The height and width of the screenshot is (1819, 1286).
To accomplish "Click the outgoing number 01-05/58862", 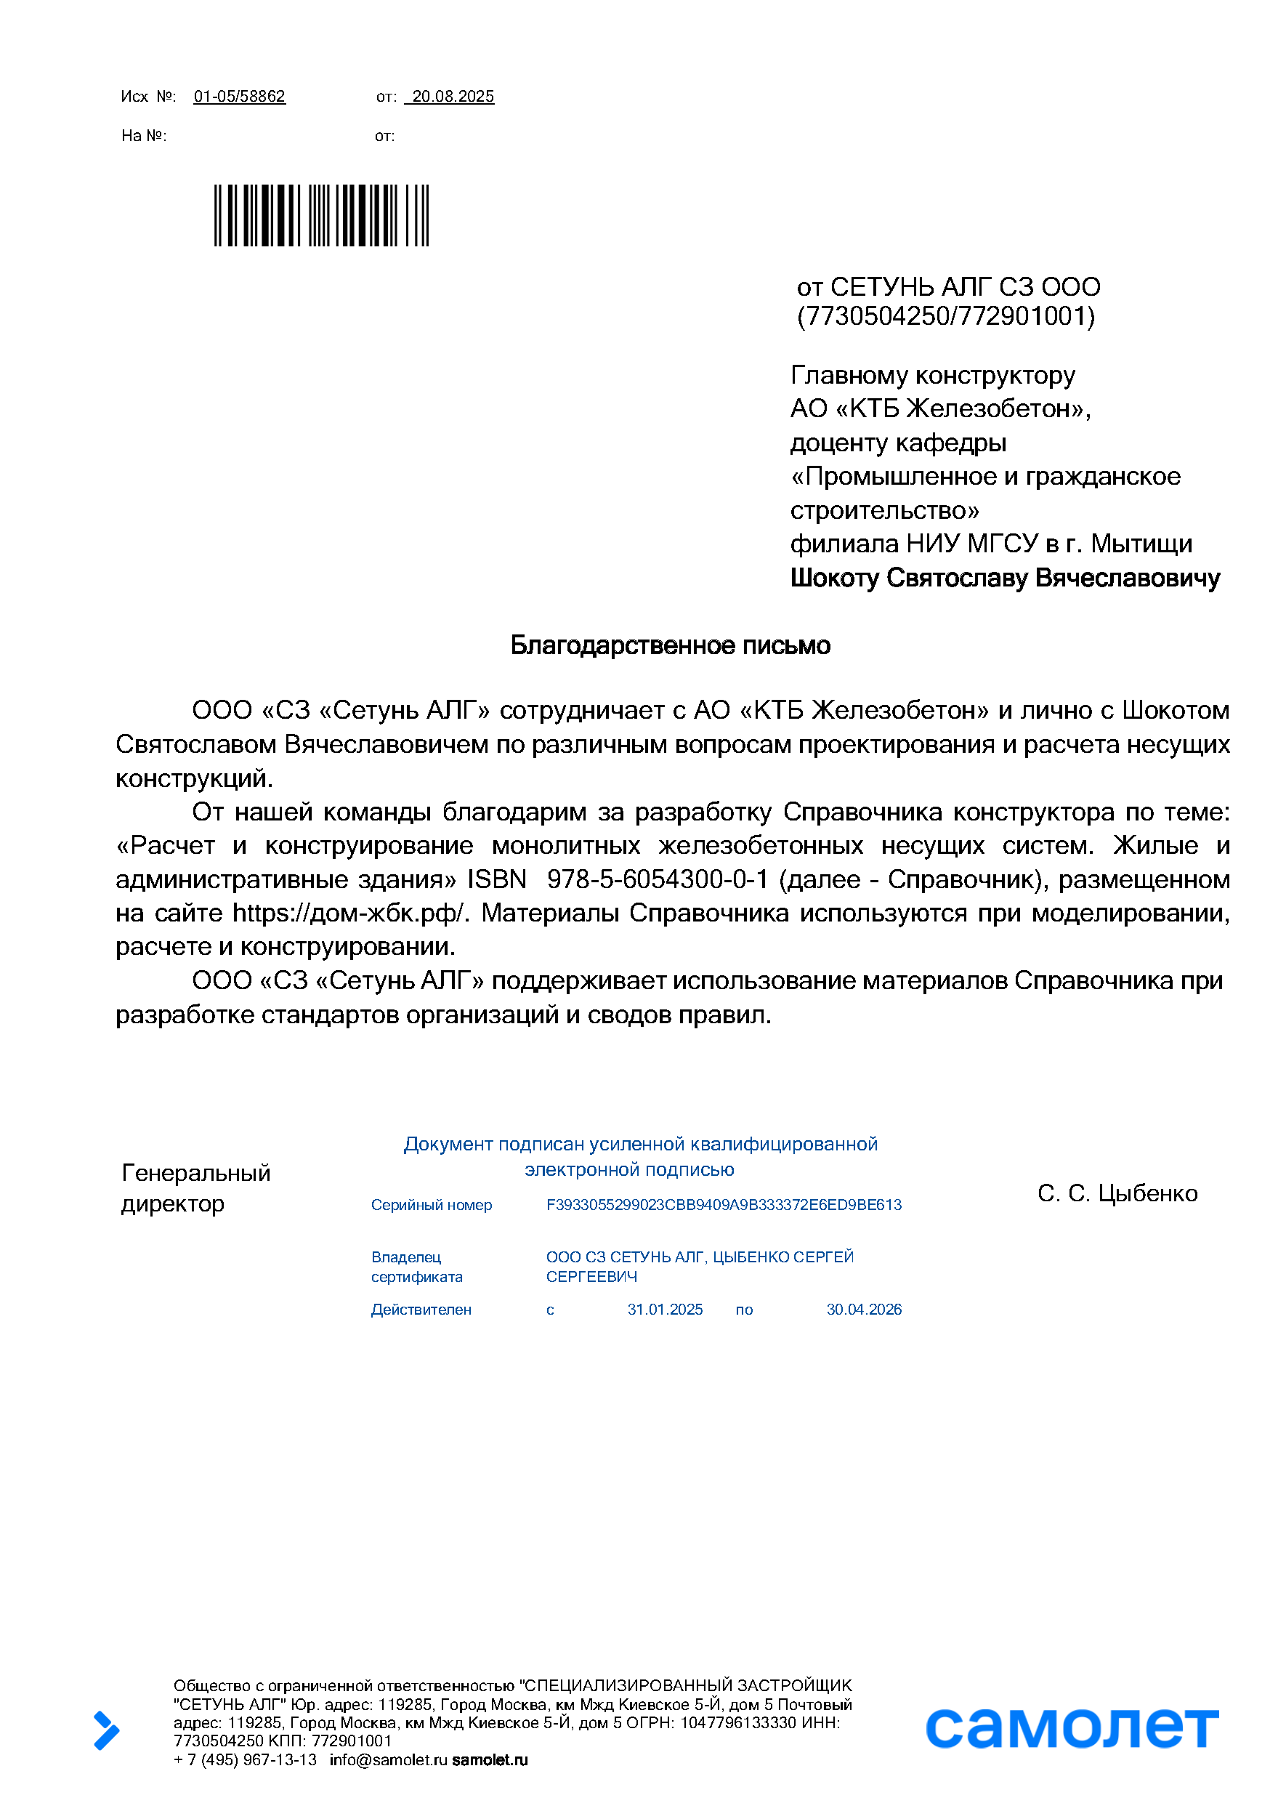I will click(x=239, y=97).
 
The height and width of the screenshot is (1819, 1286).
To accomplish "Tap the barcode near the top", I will click(x=321, y=216).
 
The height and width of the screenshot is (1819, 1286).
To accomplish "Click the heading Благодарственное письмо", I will click(x=670, y=645).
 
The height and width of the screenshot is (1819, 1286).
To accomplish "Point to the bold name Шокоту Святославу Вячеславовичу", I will click(x=1005, y=578).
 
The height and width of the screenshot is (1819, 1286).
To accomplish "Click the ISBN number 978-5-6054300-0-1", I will click(x=657, y=879).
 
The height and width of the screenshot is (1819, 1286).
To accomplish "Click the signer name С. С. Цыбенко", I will click(x=1117, y=1193).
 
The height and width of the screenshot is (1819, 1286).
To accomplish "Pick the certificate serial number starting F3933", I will click(x=724, y=1205).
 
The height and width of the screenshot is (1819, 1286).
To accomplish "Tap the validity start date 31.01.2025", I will click(x=666, y=1310).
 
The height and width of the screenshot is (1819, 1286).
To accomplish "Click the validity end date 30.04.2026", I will click(x=864, y=1310).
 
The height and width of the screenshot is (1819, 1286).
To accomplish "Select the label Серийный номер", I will click(x=432, y=1205).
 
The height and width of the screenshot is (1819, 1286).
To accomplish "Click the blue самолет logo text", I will click(x=1072, y=1728).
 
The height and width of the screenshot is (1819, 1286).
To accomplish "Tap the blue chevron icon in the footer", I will click(x=106, y=1730).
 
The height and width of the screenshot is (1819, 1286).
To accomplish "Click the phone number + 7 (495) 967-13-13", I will click(x=245, y=1760).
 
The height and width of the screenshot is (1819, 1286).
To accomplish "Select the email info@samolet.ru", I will click(x=388, y=1760).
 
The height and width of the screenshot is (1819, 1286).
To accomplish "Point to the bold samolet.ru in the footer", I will click(x=490, y=1760).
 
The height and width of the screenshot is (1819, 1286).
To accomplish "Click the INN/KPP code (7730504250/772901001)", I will click(x=946, y=316).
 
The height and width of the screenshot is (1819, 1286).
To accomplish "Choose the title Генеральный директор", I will click(x=195, y=1187).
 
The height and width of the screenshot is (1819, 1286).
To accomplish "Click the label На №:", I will click(x=143, y=135).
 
